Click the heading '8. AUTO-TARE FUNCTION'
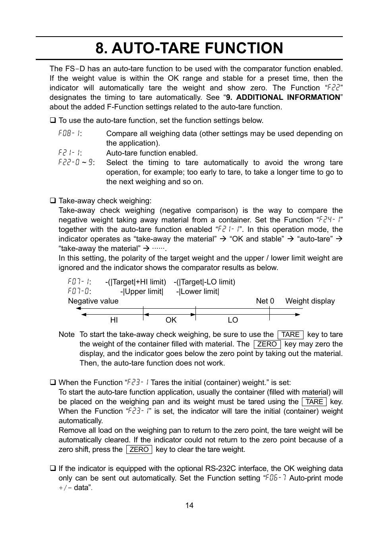[189, 48]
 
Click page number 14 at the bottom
[189, 505]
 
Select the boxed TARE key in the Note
[290, 335]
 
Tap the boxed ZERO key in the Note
[267, 344]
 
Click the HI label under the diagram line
[114, 320]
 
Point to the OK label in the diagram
[171, 320]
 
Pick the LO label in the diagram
[233, 320]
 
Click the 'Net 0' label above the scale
[265, 301]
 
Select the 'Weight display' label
[310, 301]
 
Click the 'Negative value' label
[93, 301]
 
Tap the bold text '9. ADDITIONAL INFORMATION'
[283, 97]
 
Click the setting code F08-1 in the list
[70, 134]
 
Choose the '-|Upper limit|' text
[141, 292]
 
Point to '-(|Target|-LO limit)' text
[204, 282]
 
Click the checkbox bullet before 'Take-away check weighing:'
[52, 201]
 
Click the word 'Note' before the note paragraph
[66, 335]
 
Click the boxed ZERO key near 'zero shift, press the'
[139, 449]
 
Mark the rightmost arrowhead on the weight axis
[298, 314]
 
